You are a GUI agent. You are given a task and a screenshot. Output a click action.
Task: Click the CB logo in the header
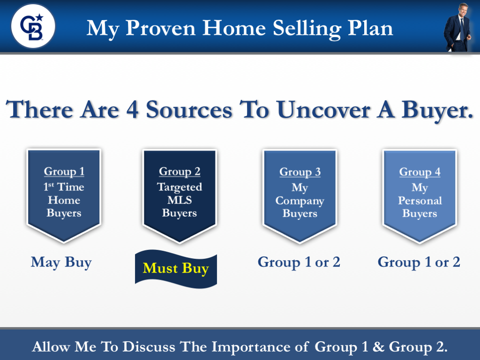(x=33, y=26)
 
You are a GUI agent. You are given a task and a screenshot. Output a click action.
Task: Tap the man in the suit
(x=457, y=28)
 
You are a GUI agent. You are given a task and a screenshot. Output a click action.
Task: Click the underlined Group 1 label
(x=64, y=172)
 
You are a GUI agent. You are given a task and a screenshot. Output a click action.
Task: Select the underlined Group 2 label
(x=180, y=172)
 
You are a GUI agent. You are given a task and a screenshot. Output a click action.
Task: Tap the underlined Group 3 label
(x=300, y=172)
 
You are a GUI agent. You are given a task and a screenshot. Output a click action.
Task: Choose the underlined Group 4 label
(x=420, y=172)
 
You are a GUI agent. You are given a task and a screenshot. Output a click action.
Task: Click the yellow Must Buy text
(x=176, y=269)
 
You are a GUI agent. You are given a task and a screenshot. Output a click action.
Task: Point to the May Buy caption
(x=61, y=262)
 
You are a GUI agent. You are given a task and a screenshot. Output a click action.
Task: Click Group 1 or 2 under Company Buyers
(x=299, y=262)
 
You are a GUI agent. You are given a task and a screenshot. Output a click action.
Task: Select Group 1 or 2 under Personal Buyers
(x=419, y=262)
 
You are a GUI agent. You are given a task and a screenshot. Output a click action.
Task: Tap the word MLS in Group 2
(x=180, y=200)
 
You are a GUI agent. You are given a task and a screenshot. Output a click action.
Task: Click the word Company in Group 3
(x=300, y=201)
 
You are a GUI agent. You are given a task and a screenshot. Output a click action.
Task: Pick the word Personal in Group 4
(x=420, y=201)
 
